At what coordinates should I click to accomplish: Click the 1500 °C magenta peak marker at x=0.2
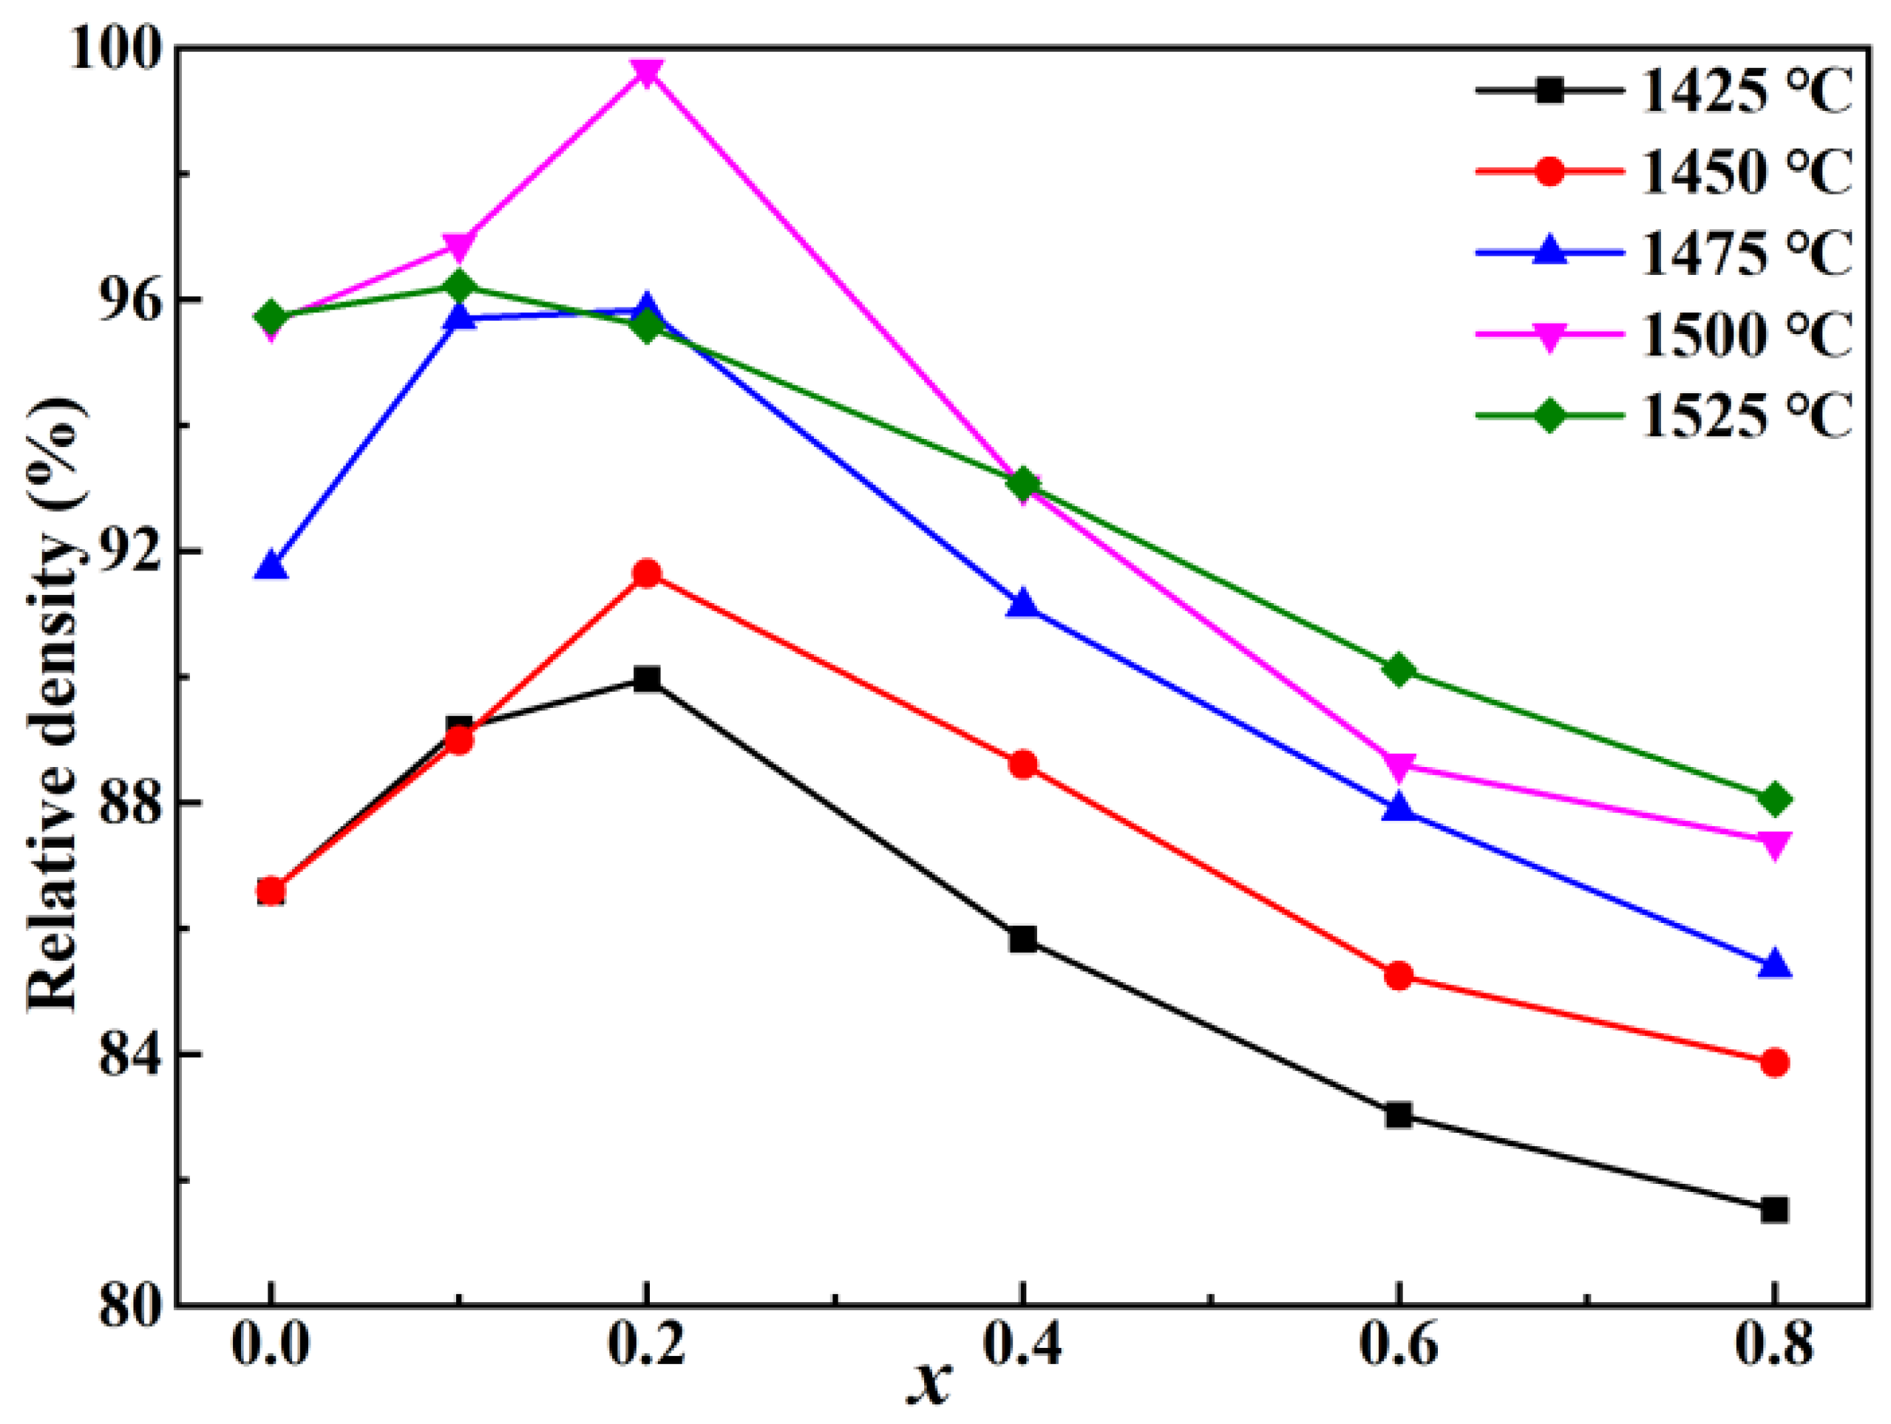coord(647,73)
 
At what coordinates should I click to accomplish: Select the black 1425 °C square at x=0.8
coord(1774,1210)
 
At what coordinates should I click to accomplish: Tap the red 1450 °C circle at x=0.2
coord(647,573)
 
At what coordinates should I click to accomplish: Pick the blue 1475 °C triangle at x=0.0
coord(271,566)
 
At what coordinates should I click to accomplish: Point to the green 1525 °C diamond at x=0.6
coord(1399,670)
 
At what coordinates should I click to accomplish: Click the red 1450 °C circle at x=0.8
coord(1774,1063)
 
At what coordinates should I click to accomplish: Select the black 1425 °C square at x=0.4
coord(1022,939)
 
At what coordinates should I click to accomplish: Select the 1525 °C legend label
coord(1744,417)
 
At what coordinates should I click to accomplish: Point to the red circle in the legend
coord(1549,171)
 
